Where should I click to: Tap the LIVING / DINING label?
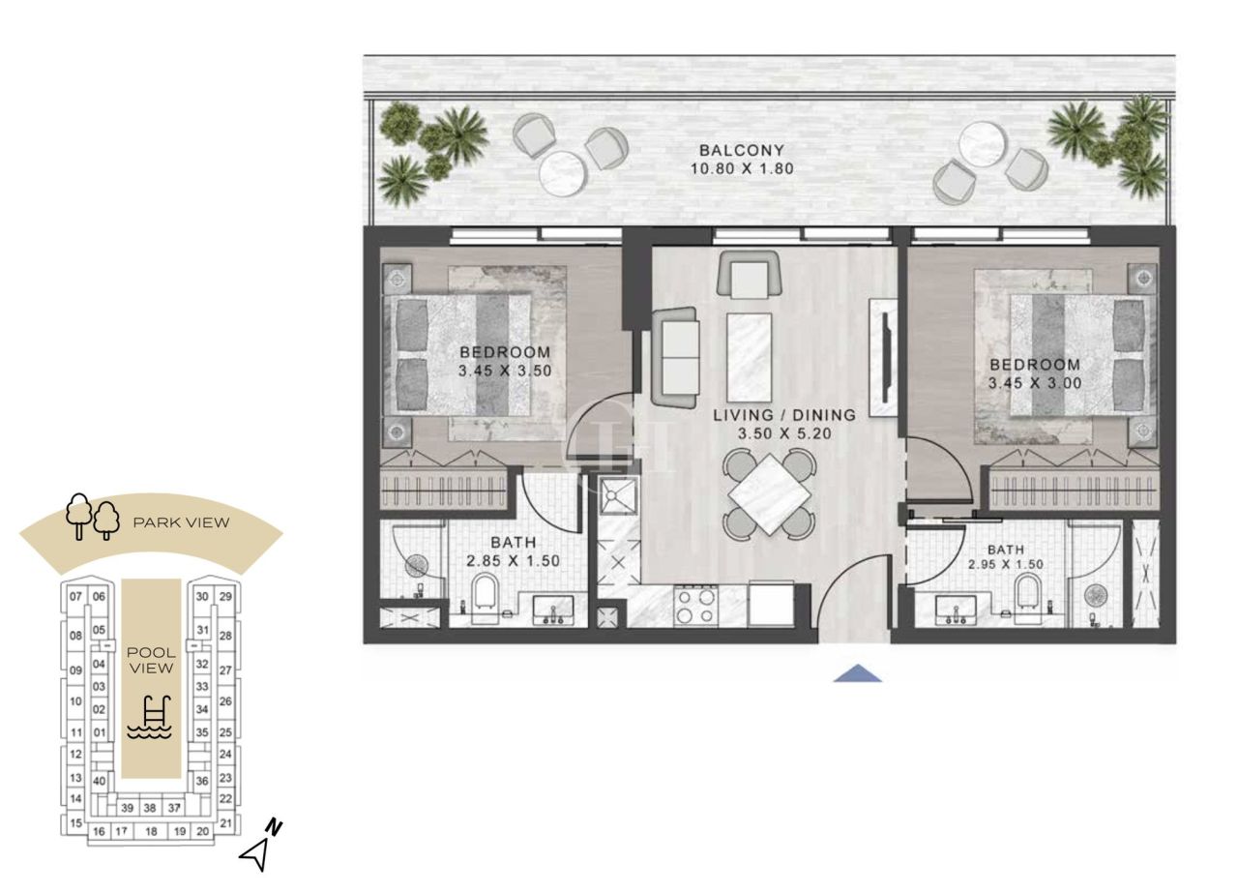coord(784,415)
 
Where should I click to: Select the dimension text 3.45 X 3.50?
coord(505,369)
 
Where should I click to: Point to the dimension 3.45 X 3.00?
coord(1034,382)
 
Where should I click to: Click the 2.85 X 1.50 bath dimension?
coord(513,560)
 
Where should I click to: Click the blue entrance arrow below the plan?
coord(857,674)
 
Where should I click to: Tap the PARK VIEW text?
coord(181,523)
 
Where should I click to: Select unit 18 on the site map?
coord(150,831)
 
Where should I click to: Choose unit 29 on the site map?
coord(225,597)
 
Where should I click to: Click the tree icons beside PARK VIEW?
coord(92,516)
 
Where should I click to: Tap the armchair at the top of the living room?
coord(749,273)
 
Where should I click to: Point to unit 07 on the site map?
coord(75,597)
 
